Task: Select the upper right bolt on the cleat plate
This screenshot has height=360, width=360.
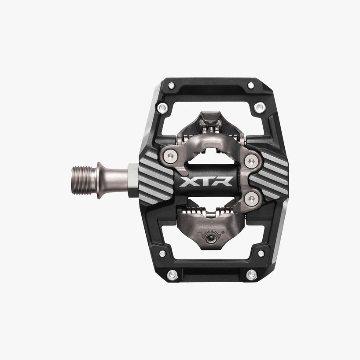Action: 251,162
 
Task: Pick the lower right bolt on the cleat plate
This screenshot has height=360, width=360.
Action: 251,199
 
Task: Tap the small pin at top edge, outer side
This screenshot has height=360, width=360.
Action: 250,85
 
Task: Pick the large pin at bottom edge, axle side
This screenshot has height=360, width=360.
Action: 173,274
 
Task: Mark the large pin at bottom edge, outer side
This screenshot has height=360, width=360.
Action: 250,274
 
